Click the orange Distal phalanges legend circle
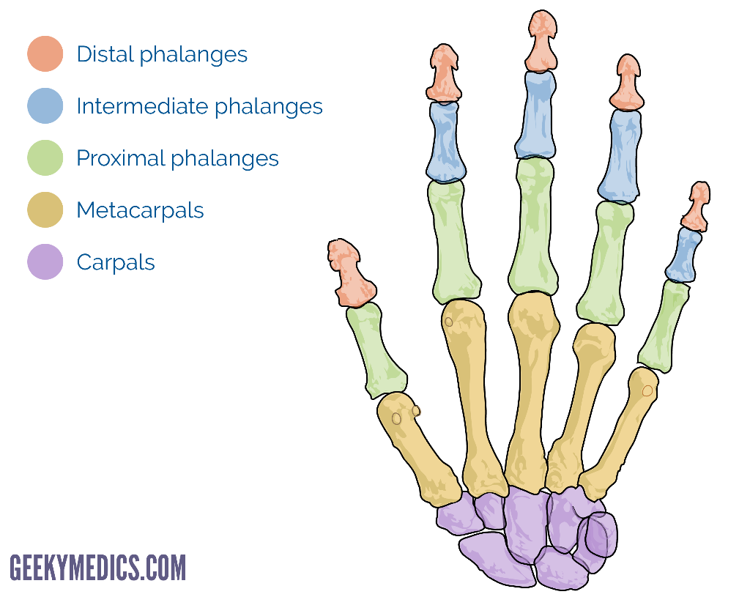coord(45,54)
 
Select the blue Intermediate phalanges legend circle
coord(45,106)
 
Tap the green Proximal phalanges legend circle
coord(45,158)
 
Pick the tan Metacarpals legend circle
coord(45,210)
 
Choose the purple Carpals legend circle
coord(45,262)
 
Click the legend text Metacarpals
coord(140,211)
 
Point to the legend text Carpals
coord(116,263)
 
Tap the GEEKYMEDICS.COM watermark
coord(98,568)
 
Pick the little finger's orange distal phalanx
coord(697,205)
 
